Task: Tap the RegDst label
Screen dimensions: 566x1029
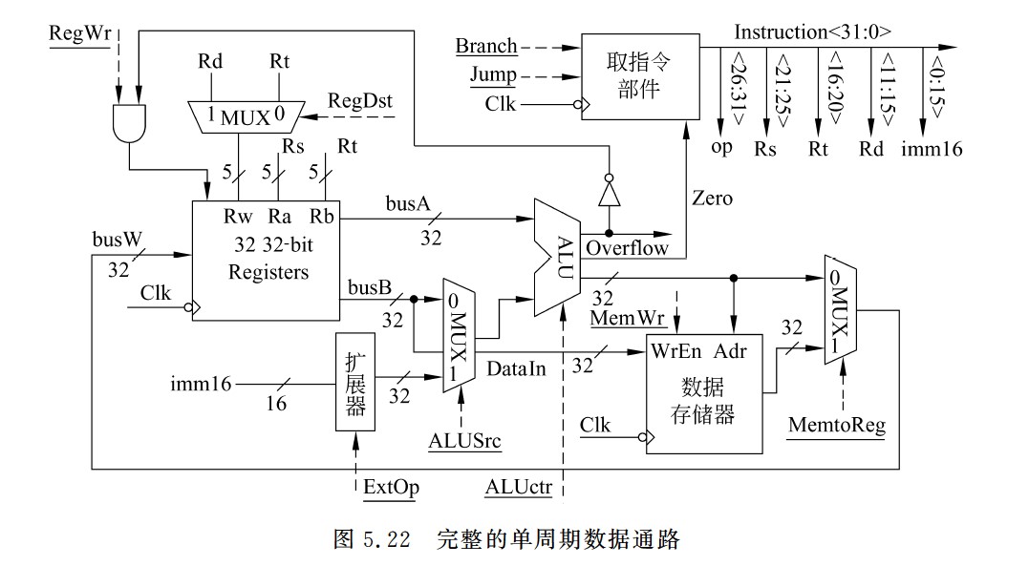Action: pyautogui.click(x=359, y=100)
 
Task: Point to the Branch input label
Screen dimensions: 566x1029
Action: pyautogui.click(x=485, y=46)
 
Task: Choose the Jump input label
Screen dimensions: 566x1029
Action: pyautogui.click(x=493, y=74)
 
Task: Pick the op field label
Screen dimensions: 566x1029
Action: pyautogui.click(x=721, y=147)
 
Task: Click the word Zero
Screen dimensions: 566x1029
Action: pyautogui.click(x=712, y=199)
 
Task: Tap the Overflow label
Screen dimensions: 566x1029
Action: pyautogui.click(x=627, y=248)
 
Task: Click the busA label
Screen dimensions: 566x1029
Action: pyautogui.click(x=408, y=203)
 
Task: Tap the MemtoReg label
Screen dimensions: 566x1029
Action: pyautogui.click(x=837, y=425)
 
